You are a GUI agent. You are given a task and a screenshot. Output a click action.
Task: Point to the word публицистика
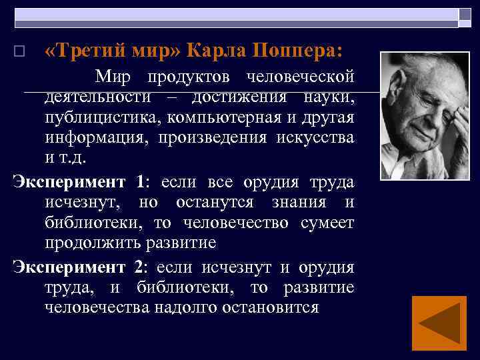point(93,119)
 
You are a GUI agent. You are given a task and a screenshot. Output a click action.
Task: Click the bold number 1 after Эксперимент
point(139,181)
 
